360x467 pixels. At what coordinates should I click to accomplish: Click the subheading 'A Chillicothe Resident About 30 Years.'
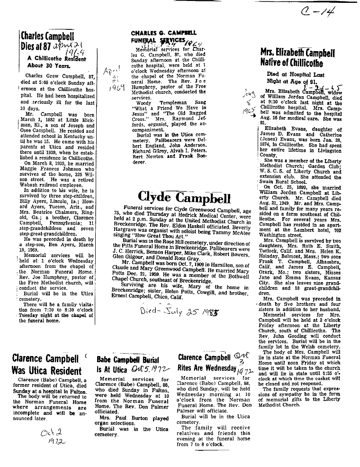[51, 62]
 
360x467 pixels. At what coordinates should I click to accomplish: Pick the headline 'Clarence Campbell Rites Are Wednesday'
[207, 363]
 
